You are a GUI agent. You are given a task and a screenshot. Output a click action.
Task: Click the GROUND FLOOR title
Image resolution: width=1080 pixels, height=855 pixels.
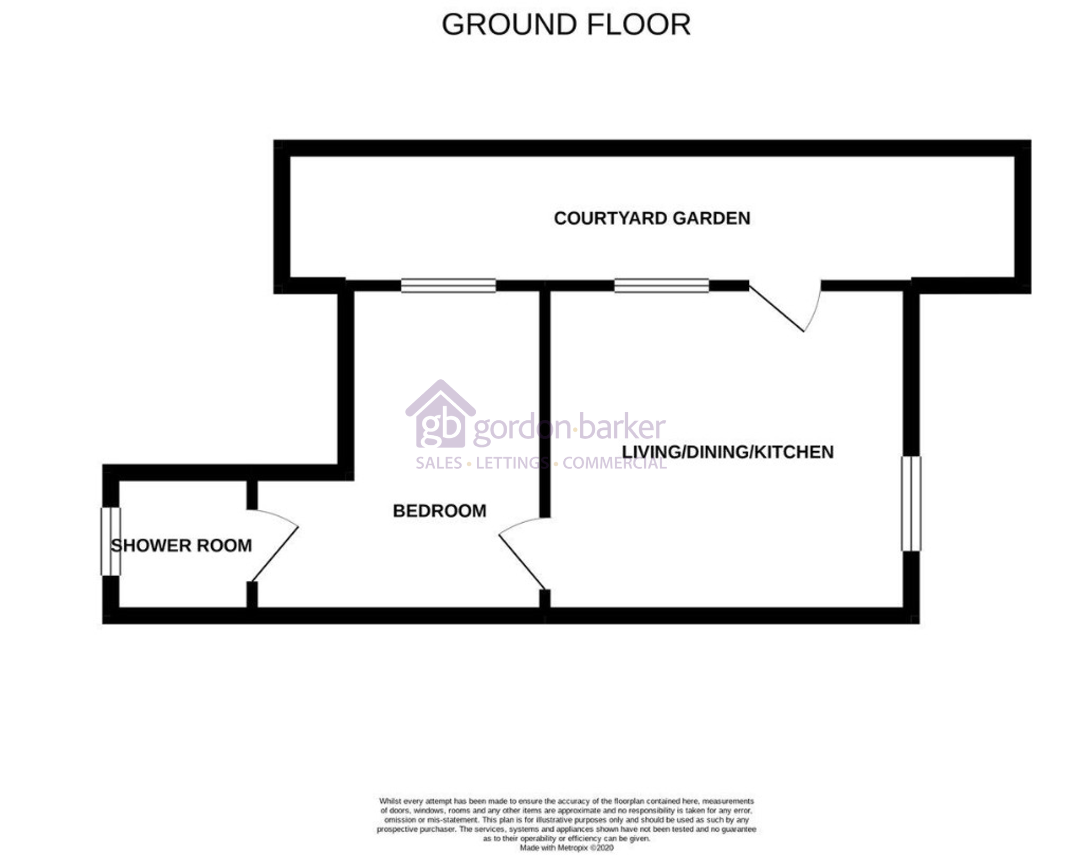(x=566, y=25)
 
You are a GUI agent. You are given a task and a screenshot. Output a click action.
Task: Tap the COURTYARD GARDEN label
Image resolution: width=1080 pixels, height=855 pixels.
(x=652, y=218)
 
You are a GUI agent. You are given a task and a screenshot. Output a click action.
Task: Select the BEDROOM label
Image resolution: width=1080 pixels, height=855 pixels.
(x=439, y=511)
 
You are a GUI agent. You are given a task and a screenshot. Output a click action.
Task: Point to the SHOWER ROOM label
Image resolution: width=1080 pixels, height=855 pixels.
(x=181, y=546)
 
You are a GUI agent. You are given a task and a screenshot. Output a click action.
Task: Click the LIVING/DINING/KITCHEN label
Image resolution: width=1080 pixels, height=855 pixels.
(x=727, y=452)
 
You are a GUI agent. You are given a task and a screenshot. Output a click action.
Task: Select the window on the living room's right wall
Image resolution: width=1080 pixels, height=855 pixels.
(x=911, y=504)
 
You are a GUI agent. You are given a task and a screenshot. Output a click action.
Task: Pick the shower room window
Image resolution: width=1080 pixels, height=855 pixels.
(x=111, y=541)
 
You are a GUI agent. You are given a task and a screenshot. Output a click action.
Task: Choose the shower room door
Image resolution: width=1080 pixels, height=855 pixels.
(x=273, y=545)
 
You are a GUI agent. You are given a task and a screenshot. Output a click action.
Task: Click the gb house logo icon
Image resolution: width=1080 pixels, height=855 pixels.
(x=441, y=414)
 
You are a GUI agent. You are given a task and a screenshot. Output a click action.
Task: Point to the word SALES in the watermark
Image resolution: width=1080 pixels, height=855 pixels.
(x=439, y=463)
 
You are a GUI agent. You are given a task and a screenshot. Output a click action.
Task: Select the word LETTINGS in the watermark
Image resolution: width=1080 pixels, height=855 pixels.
(x=512, y=463)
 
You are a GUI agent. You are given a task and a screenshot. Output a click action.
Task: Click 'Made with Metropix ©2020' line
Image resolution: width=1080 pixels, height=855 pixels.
(x=566, y=848)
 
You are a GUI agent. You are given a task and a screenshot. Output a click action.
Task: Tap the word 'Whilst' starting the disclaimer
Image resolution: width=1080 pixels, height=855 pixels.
(x=389, y=801)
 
